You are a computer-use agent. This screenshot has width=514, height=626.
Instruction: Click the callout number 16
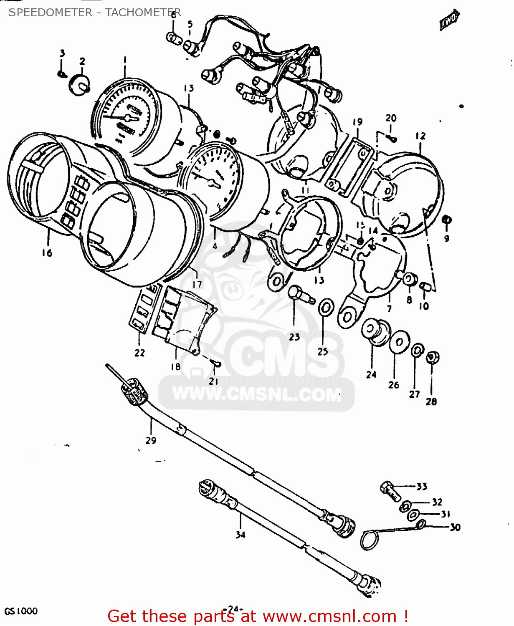pos(47,253)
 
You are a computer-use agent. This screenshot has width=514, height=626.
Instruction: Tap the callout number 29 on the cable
pos(151,440)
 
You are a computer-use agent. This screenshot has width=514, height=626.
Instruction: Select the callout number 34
pos(241,535)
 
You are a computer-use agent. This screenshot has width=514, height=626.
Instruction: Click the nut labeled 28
pos(432,357)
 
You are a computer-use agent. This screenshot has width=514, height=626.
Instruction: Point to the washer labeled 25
pos(326,308)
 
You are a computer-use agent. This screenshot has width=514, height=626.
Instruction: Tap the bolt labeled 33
pos(389,491)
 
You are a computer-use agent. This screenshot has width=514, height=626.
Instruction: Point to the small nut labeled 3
pos(62,74)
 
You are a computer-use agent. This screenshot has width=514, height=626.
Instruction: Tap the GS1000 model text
pos(21,611)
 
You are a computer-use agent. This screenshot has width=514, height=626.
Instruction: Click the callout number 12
pos(420,136)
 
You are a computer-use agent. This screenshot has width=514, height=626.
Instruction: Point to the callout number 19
pos(357,122)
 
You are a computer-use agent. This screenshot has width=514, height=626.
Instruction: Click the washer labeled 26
pos(399,342)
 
